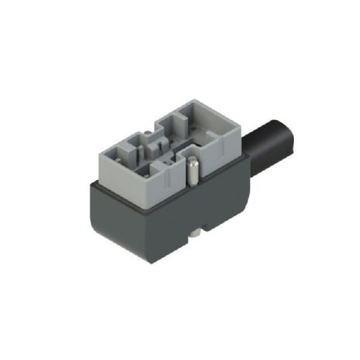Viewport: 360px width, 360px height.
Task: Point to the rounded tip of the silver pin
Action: pyautogui.click(x=190, y=161)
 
